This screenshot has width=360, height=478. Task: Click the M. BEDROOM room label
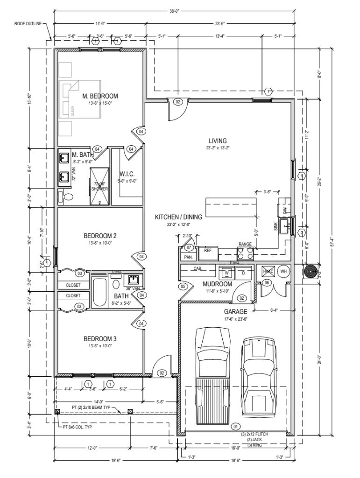[100, 96]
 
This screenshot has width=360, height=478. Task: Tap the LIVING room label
[218, 141]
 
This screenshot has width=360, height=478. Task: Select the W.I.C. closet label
[127, 174]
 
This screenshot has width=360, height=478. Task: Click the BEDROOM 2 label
[100, 236]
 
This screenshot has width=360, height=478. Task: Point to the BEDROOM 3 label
[100, 338]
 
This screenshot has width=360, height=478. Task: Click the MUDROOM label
[217, 284]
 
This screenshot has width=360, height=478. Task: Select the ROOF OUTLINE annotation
[28, 22]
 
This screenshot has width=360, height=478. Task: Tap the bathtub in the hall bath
[99, 293]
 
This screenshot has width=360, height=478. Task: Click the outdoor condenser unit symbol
[310, 272]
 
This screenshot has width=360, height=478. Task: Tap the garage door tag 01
[235, 426]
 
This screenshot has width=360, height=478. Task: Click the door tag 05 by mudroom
[184, 286]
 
